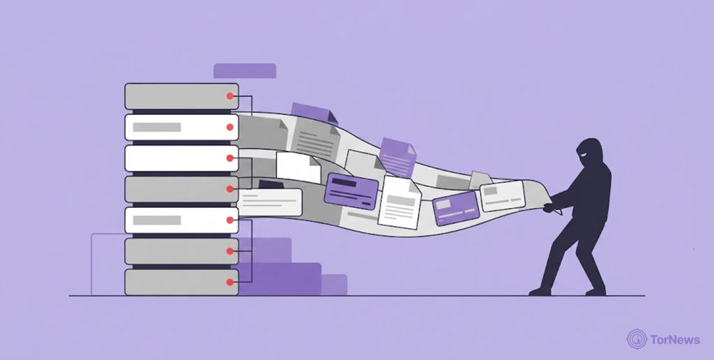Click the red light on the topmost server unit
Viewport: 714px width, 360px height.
[x=230, y=96]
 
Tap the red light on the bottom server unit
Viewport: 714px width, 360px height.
[x=230, y=282]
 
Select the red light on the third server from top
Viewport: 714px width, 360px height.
[x=230, y=158]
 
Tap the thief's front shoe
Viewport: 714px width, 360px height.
[x=540, y=292]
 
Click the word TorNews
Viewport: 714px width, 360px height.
[x=675, y=340]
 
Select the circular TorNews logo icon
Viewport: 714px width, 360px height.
[x=637, y=339]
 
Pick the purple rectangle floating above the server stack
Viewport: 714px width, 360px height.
[x=245, y=70]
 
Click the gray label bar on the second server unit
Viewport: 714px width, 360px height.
[x=157, y=127]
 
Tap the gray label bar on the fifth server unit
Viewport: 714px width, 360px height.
[x=157, y=220]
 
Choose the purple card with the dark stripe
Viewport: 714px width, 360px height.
[x=351, y=191]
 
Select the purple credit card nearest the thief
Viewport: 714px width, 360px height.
[x=456, y=208]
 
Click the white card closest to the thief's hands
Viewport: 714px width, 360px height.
[x=503, y=196]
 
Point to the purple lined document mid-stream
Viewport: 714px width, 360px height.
[x=397, y=158]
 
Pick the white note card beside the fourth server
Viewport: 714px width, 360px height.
[x=270, y=202]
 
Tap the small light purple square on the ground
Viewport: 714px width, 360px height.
[x=334, y=285]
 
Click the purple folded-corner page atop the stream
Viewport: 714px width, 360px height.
[x=314, y=112]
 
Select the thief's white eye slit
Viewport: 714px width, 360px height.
[x=584, y=156]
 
